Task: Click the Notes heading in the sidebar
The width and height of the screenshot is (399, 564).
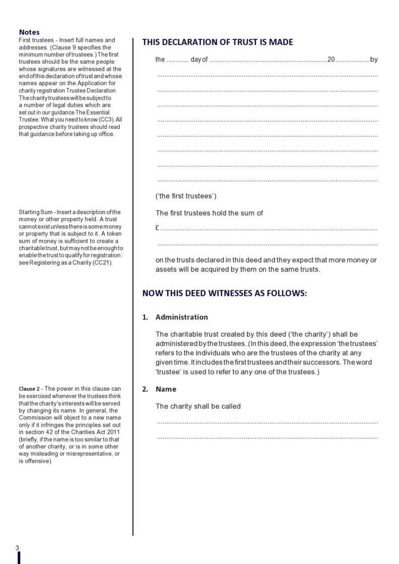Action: (29, 32)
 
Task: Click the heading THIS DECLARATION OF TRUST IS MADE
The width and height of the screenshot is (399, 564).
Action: (217, 42)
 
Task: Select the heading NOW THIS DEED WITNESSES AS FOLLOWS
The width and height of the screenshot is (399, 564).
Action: (224, 293)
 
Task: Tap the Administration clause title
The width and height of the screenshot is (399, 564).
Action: (181, 317)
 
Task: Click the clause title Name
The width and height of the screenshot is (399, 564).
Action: (166, 389)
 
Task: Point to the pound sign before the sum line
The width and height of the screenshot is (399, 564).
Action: (158, 228)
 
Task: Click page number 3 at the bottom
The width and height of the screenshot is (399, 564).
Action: (18, 548)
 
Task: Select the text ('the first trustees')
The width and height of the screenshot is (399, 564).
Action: (186, 196)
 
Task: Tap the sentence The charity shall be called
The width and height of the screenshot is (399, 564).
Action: (198, 406)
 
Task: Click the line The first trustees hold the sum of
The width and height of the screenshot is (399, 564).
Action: (209, 213)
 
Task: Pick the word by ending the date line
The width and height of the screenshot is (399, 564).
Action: (374, 60)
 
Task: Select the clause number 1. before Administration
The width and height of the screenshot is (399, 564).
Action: (145, 317)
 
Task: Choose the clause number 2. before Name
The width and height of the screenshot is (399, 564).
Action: (145, 389)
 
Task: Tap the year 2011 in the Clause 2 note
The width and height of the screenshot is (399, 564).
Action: (112, 432)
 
